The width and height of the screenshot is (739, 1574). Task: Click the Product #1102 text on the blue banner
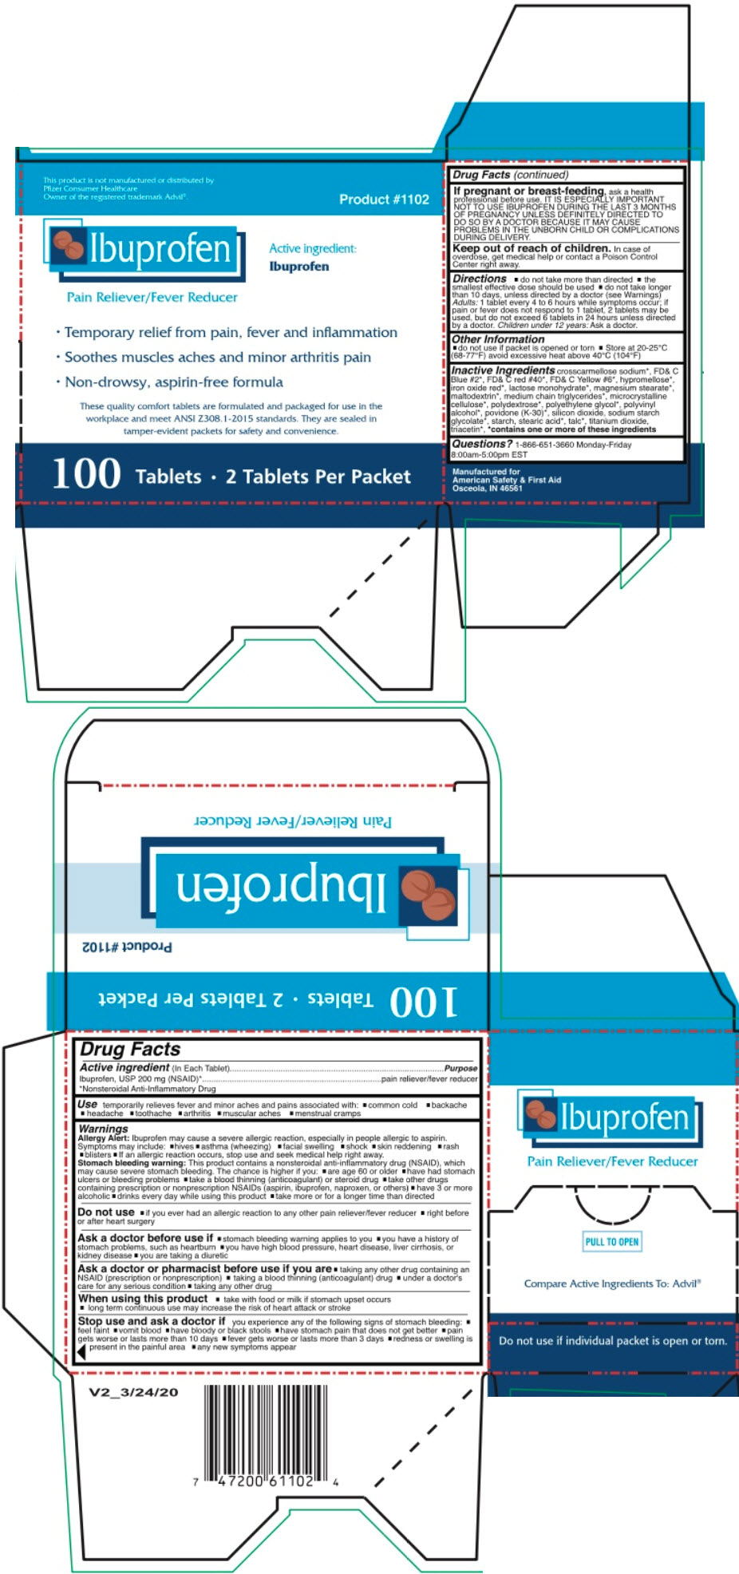click(384, 200)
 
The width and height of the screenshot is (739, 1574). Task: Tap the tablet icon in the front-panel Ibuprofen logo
click(68, 245)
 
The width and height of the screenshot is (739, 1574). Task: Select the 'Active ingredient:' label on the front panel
click(312, 249)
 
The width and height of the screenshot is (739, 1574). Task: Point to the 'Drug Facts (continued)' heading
click(511, 175)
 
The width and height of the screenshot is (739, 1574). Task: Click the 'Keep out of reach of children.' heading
click(531, 248)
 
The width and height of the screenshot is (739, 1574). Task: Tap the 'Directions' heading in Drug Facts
click(479, 279)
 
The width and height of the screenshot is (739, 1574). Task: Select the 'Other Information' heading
click(498, 339)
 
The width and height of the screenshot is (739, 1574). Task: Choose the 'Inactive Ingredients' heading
click(503, 370)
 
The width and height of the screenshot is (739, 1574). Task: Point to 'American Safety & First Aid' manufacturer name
click(507, 480)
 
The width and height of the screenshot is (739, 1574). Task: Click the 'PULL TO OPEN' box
click(612, 1242)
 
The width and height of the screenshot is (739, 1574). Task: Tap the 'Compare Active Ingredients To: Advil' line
click(612, 1283)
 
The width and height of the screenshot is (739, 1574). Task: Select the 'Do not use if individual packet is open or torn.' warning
click(613, 1341)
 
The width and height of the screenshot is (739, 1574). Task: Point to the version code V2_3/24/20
click(133, 1393)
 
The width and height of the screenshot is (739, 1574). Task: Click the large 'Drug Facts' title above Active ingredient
click(130, 1050)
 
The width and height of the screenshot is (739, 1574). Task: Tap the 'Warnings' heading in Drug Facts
click(103, 1129)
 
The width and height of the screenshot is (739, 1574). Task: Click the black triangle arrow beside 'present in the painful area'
click(81, 1351)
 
